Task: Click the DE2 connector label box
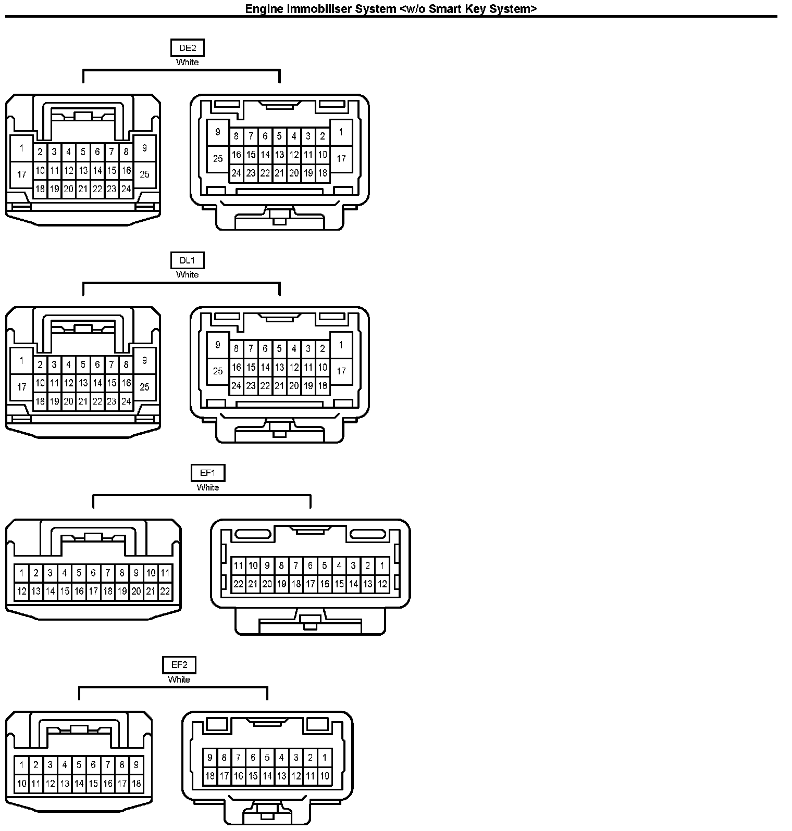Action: pos(187,48)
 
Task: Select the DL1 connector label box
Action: pos(187,260)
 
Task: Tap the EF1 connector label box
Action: pos(207,473)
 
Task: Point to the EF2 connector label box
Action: pos(179,665)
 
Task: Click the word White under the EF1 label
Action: pos(207,487)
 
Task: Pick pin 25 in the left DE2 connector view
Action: pos(144,174)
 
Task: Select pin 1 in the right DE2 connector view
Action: pos(341,132)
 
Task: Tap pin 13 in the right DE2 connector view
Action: pos(279,155)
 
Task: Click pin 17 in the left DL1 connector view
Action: pos(21,387)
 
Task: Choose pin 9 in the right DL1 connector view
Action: pos(218,345)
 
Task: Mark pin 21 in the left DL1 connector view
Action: pos(83,401)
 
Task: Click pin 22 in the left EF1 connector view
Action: pos(165,591)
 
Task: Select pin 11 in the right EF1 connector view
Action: pos(238,565)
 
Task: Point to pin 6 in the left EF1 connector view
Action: pos(93,573)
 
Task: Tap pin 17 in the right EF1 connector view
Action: pos(310,584)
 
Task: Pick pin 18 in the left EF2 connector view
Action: pos(136,783)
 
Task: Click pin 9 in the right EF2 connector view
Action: pos(210,758)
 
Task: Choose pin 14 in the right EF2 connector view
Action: pos(267,776)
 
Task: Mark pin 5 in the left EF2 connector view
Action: pos(79,765)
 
